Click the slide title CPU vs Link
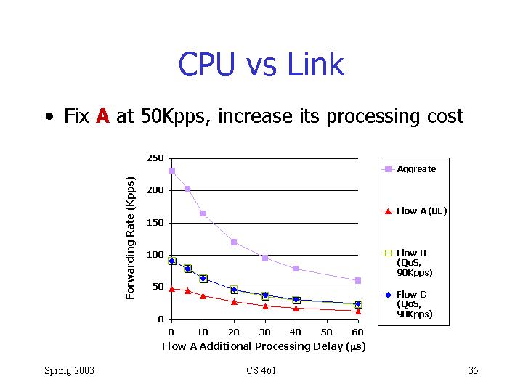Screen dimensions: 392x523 (x=261, y=65)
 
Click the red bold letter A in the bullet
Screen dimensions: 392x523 (x=102, y=116)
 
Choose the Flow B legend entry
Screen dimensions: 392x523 (x=414, y=263)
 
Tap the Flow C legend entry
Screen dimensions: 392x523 (x=414, y=304)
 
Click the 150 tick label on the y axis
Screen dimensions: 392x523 (x=155, y=223)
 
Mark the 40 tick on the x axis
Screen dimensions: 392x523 (x=296, y=332)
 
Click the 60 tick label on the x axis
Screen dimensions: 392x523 (x=358, y=332)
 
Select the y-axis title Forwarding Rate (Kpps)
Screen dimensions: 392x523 (x=131, y=238)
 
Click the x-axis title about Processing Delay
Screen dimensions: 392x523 (x=263, y=346)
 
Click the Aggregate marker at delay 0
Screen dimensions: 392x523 (x=171, y=171)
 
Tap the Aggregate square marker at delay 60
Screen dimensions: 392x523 (x=358, y=280)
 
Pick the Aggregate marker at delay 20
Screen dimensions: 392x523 (x=234, y=242)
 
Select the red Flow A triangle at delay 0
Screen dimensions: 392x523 (x=171, y=289)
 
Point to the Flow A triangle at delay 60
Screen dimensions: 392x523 (x=358, y=311)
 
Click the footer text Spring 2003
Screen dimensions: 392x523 (x=69, y=371)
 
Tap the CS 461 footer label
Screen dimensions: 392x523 (x=261, y=371)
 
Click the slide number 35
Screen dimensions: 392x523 (x=474, y=371)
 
